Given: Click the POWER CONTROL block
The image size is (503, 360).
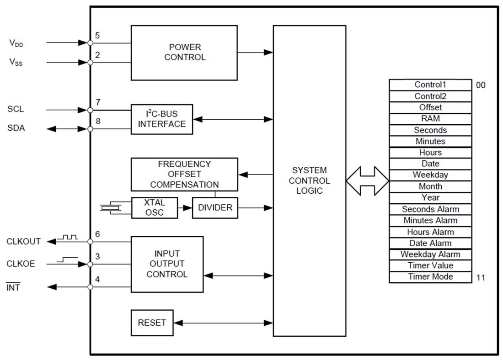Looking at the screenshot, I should [x=184, y=53].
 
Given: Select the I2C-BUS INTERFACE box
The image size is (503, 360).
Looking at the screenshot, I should [x=161, y=119].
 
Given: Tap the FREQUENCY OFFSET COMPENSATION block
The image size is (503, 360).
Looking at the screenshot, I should [x=184, y=174].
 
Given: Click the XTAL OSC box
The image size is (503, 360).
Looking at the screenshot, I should [x=154, y=208].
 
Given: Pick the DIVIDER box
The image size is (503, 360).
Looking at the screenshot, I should [x=215, y=208].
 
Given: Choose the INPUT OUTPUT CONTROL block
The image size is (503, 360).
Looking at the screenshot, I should [x=167, y=264].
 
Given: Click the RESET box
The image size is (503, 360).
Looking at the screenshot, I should [x=152, y=323].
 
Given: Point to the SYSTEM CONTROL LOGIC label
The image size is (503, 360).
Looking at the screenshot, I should [x=309, y=180].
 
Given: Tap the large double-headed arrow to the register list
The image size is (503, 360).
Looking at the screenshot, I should [x=367, y=181].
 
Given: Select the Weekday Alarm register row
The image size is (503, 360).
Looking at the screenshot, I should [x=430, y=254].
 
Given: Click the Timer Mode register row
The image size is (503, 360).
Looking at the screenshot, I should [x=430, y=277].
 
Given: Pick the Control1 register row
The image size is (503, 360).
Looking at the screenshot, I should [x=430, y=85].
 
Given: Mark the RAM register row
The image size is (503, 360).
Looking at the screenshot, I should [x=430, y=119].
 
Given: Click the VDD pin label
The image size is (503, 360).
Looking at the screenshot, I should [x=16, y=43].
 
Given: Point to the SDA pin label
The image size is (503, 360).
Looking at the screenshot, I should [x=16, y=128].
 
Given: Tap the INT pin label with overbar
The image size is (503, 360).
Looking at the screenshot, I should [x=13, y=287].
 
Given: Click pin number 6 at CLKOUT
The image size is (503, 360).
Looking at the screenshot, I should [x=97, y=234].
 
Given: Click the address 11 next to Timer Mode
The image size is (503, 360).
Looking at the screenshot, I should [x=481, y=277].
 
